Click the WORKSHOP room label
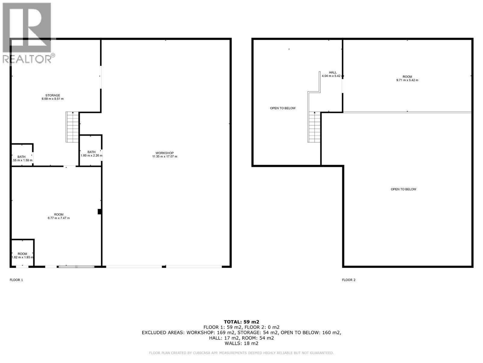165,153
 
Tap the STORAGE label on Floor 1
53,95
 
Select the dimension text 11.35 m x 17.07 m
165,156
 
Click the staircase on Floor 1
72,127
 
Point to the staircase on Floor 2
314,127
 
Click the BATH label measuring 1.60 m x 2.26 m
91,152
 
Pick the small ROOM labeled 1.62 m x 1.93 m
22,254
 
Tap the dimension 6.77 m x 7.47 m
59,218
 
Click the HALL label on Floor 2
333,72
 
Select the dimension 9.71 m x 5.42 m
407,80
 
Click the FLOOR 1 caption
16,280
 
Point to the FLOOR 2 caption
349,280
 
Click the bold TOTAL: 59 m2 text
241,322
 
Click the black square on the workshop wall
99,212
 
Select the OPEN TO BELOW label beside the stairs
283,108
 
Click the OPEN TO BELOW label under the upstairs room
403,189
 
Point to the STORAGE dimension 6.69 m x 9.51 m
53,99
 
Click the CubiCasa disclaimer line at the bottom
241,353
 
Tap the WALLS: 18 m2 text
241,343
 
